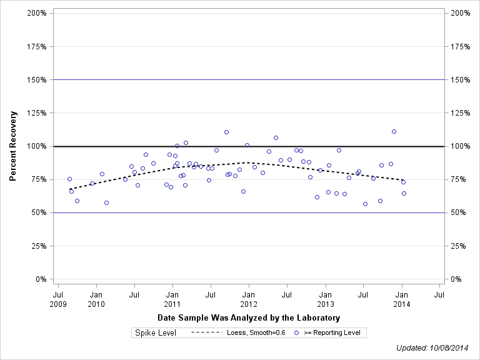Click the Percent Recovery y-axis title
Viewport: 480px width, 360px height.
point(12,146)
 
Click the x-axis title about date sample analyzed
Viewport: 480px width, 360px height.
point(249,317)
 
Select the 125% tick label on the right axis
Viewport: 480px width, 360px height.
point(460,113)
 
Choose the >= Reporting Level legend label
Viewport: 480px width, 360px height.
point(332,332)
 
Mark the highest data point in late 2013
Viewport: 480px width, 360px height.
point(394,131)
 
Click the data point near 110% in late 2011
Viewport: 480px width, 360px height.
point(226,132)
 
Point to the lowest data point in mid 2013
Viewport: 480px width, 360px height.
point(365,204)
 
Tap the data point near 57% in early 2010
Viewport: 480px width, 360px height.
point(106,202)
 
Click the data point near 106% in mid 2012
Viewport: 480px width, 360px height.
point(276,137)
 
